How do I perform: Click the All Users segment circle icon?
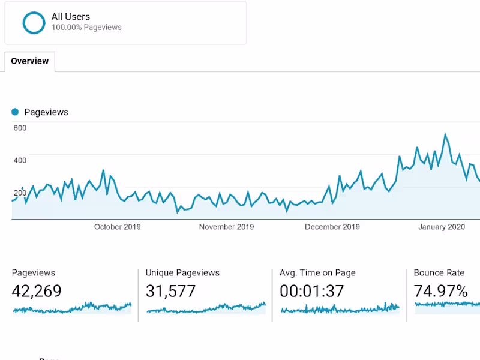pos(34,23)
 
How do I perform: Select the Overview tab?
pos(30,61)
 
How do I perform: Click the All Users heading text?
pos(71,17)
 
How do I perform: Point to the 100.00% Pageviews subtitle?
pos(86,27)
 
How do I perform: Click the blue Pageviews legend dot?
pos(15,112)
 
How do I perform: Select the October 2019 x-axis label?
pos(117,227)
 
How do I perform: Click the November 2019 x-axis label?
pos(226,227)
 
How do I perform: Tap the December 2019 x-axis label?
pos(332,227)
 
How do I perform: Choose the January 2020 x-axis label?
pos(441,227)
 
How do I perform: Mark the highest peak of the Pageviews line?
pos(445,134)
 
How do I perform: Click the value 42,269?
pos(37,292)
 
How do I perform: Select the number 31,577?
pos(170,292)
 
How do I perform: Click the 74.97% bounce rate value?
pos(440,292)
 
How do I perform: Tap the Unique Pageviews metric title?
pos(182,273)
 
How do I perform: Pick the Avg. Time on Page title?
pos(317,273)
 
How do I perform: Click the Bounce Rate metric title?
pos(439,273)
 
